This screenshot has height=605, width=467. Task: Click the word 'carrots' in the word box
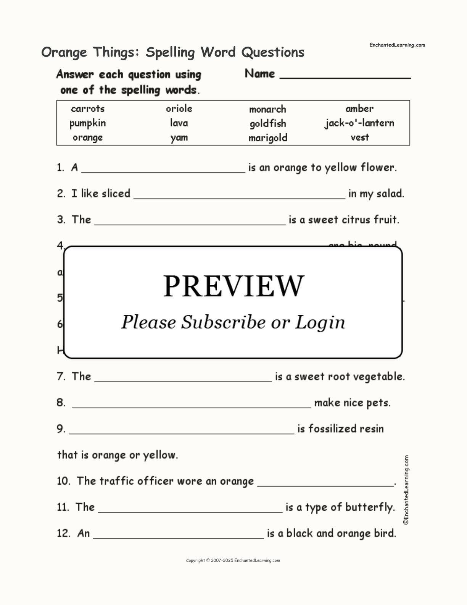pos(88,109)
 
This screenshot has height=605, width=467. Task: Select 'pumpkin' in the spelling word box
pos(88,123)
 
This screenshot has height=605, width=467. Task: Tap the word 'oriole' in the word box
pos(179,109)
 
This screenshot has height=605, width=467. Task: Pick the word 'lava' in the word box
pos(179,123)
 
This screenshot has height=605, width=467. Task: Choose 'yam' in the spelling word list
pos(179,137)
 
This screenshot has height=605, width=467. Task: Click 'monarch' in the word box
pos(267,109)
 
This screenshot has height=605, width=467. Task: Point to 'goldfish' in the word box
pos(268,124)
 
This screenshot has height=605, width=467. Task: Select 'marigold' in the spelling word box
pos(268,138)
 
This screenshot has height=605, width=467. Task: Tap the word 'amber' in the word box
pos(359,109)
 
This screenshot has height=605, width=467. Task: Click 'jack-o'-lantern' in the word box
pos(359,123)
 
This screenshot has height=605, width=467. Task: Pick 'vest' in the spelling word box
pos(360,137)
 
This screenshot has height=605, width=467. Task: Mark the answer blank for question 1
pos(163,170)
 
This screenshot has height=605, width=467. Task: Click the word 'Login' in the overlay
pos(320,322)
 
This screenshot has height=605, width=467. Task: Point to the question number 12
pos(63,533)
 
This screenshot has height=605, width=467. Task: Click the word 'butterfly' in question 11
pos(369,507)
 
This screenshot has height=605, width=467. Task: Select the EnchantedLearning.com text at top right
pos(397,45)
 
